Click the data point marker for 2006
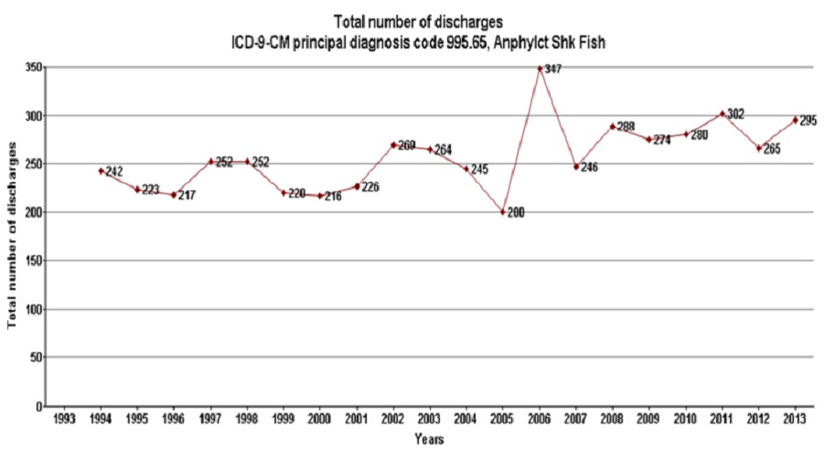click(540, 69)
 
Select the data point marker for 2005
click(503, 211)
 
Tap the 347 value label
click(553, 69)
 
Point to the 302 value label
click(735, 114)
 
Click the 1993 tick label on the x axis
click(64, 420)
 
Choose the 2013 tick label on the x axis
click(796, 420)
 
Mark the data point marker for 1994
click(101, 171)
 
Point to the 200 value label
click(517, 212)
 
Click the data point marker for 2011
click(723, 114)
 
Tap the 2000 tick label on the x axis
click(320, 420)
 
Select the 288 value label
click(626, 127)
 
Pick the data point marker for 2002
click(393, 144)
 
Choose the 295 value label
click(808, 120)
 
